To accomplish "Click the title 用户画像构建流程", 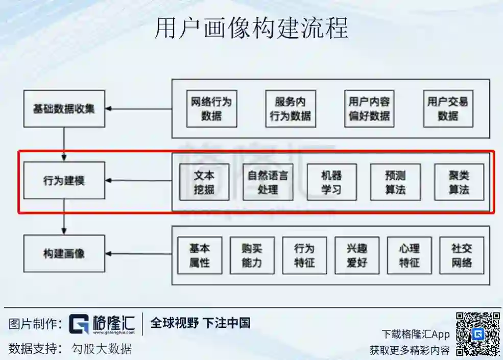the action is click(251, 28).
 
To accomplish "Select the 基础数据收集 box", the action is click(64, 109).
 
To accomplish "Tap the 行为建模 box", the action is click(64, 181).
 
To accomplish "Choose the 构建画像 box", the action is click(64, 253).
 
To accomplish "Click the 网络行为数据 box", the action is click(211, 109).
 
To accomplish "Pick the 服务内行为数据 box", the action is click(290, 109).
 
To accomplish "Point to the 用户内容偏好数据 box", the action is click(369, 109).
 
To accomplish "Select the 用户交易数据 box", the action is click(448, 109).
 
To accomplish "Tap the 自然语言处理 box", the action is click(268, 182).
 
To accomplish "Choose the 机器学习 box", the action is click(331, 182).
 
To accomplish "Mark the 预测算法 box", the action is click(395, 182).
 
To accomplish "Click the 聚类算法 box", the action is click(459, 182).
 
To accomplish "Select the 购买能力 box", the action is click(252, 255).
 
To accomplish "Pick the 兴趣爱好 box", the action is click(357, 255).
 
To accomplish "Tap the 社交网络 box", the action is click(461, 255).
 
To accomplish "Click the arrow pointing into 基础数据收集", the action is click(138, 109).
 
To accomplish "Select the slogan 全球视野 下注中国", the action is click(200, 323).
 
